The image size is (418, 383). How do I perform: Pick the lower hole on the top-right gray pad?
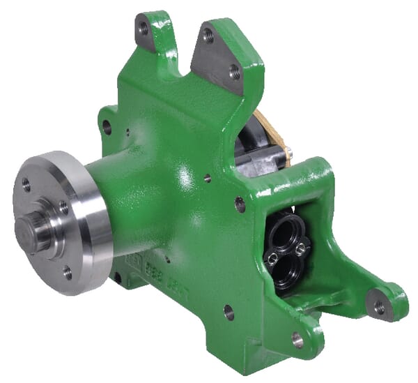pos(235,71)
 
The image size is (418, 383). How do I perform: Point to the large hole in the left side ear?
pos(107,127)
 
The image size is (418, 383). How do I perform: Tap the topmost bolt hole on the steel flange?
pos(26,184)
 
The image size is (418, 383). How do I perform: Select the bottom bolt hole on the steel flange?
pos(68,272)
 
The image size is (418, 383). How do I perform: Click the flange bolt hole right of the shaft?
pos(63,208)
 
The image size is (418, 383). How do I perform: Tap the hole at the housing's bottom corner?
pos(297,340)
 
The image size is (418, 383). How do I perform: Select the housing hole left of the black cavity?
pos(240,204)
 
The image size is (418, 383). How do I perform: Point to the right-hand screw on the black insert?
pos(301,249)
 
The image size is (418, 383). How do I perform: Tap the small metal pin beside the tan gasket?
pos(288,152)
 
